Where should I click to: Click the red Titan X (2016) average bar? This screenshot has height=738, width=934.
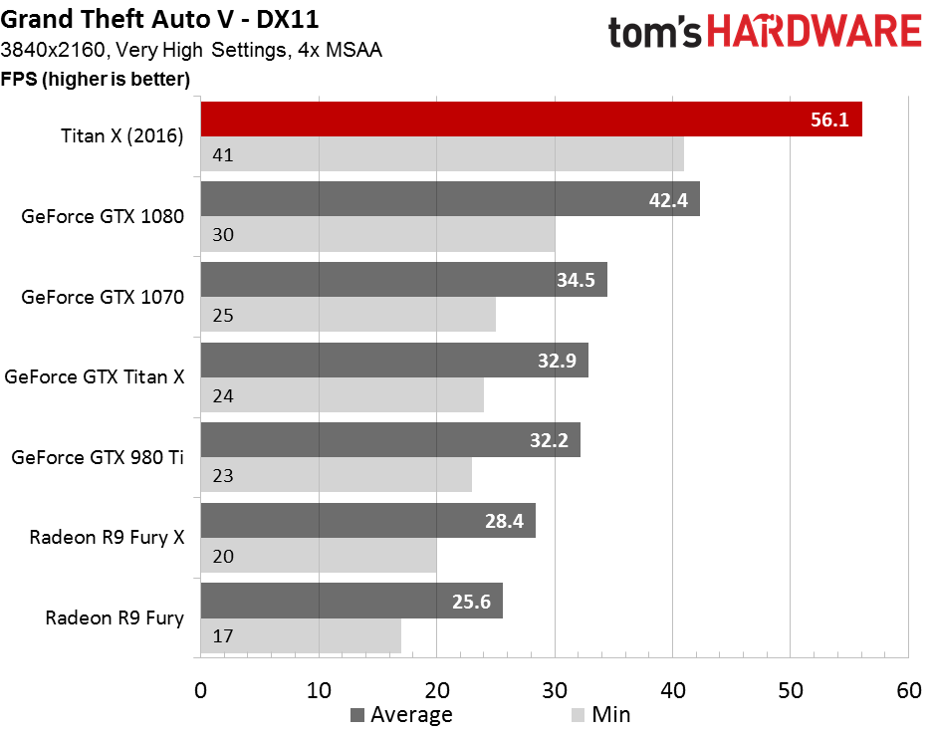pyautogui.click(x=532, y=120)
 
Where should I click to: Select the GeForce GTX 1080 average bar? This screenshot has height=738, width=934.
pyautogui.click(x=450, y=199)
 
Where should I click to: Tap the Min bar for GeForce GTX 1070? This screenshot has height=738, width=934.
pyautogui.click(x=348, y=315)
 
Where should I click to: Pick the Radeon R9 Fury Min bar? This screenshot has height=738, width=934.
pyautogui.click(x=301, y=635)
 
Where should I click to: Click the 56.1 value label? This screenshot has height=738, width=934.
pyautogui.click(x=829, y=120)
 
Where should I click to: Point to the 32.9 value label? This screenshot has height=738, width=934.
pyautogui.click(x=557, y=361)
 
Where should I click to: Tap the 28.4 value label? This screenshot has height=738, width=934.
pyautogui.click(x=504, y=521)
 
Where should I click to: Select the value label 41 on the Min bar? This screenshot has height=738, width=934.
pyautogui.click(x=223, y=154)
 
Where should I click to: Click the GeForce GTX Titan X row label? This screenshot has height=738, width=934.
pyautogui.click(x=95, y=377)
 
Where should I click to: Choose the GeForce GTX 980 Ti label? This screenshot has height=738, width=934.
pyautogui.click(x=98, y=457)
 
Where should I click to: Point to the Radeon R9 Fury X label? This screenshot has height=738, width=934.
pyautogui.click(x=107, y=537)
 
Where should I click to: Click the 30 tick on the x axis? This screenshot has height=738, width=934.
pyautogui.click(x=555, y=690)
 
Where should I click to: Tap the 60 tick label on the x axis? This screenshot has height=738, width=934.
pyautogui.click(x=909, y=690)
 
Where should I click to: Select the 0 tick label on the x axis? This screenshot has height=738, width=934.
pyautogui.click(x=201, y=690)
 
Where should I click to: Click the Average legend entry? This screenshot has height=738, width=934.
pyautogui.click(x=401, y=714)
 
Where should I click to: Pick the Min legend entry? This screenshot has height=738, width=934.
pyautogui.click(x=600, y=714)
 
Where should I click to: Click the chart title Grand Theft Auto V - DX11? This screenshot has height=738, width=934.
pyautogui.click(x=159, y=19)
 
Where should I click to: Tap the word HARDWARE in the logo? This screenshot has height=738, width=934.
pyautogui.click(x=815, y=32)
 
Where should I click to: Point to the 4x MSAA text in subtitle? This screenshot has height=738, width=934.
pyautogui.click(x=340, y=50)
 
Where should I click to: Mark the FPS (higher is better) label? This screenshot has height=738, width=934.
pyautogui.click(x=96, y=80)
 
